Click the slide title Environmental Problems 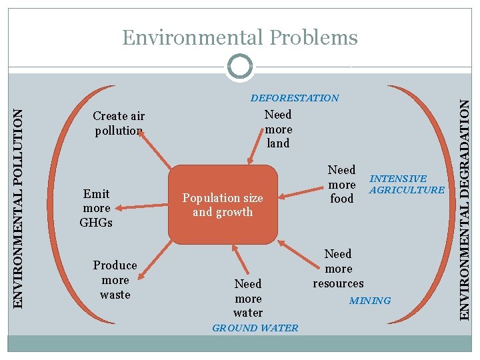pyautogui.click(x=240, y=38)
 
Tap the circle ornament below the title pyautogui.click(x=239, y=67)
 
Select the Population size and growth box pyautogui.click(x=223, y=205)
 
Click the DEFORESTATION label pyautogui.click(x=295, y=98)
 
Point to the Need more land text pyautogui.click(x=278, y=129)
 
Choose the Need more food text pyautogui.click(x=342, y=184)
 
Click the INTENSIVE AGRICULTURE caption pyautogui.click(x=407, y=184)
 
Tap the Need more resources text pyautogui.click(x=338, y=268)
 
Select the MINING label pyautogui.click(x=370, y=301)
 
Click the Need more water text pyautogui.click(x=248, y=298)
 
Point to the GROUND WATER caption pyautogui.click(x=255, y=328)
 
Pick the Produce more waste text pyautogui.click(x=115, y=280)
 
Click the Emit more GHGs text pyautogui.click(x=96, y=208)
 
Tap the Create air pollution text pyautogui.click(x=119, y=123)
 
